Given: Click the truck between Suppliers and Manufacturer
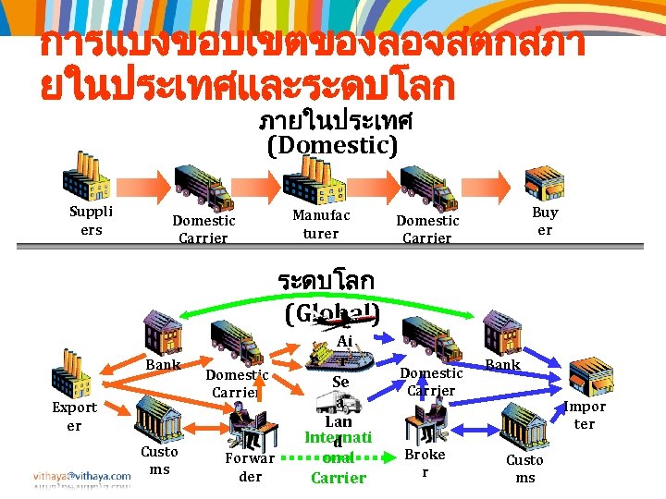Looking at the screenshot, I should tap(203, 186).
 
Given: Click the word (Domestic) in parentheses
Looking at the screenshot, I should tap(332, 145).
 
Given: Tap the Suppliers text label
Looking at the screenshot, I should tap(92, 220).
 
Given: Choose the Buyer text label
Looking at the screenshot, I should tap(545, 221).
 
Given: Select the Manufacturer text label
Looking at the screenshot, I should tap(320, 225).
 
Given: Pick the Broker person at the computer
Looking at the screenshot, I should tap(422, 423).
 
